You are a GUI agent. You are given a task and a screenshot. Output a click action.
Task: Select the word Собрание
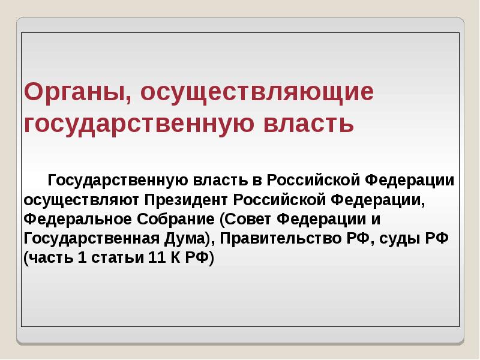pyautogui.click(x=178, y=218)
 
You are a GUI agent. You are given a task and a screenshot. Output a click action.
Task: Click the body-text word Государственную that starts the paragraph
pyautogui.click(x=118, y=180)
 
